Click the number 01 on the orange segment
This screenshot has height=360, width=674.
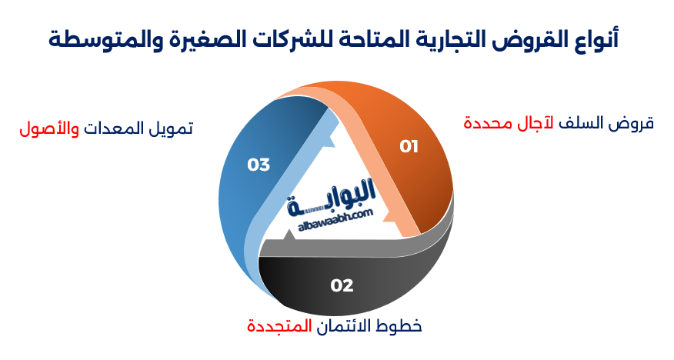[409, 146]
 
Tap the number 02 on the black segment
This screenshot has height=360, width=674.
[342, 285]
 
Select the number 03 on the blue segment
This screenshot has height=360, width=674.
[259, 165]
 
